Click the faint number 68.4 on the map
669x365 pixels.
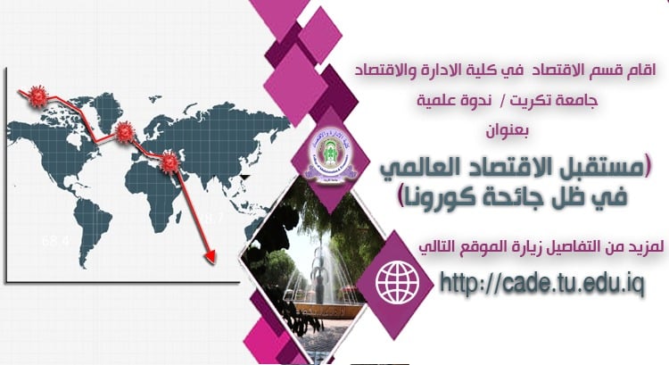pos(55,241)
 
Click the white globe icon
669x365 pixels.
pos(398,281)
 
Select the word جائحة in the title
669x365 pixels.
pos(523,195)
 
